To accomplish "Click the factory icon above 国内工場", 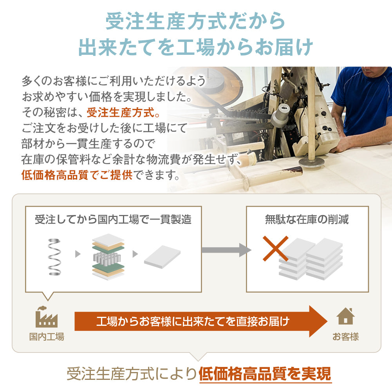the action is tap(47, 317).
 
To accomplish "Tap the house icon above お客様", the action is tap(345, 316).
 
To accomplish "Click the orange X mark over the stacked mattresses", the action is tap(276, 249).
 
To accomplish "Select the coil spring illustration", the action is tap(54, 257).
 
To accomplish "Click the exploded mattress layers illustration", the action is tap(108, 257).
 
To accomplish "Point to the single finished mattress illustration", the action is tap(162, 257).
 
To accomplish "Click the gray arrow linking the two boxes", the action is tap(226, 250).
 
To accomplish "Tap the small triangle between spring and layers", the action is tap(78, 254).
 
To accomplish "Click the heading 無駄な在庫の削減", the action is tap(307, 220).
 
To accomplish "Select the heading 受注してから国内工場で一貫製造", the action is tap(113, 220).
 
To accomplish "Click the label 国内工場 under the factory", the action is tap(47, 336).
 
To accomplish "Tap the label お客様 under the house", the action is tap(345, 336).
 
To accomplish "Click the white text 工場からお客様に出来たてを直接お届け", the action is tap(193, 321).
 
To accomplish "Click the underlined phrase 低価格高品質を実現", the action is tap(265, 374).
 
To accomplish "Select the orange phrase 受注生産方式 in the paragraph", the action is tap(120, 112).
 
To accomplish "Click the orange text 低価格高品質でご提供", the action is tap(77, 175).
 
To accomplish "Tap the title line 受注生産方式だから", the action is tap(195, 21).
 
